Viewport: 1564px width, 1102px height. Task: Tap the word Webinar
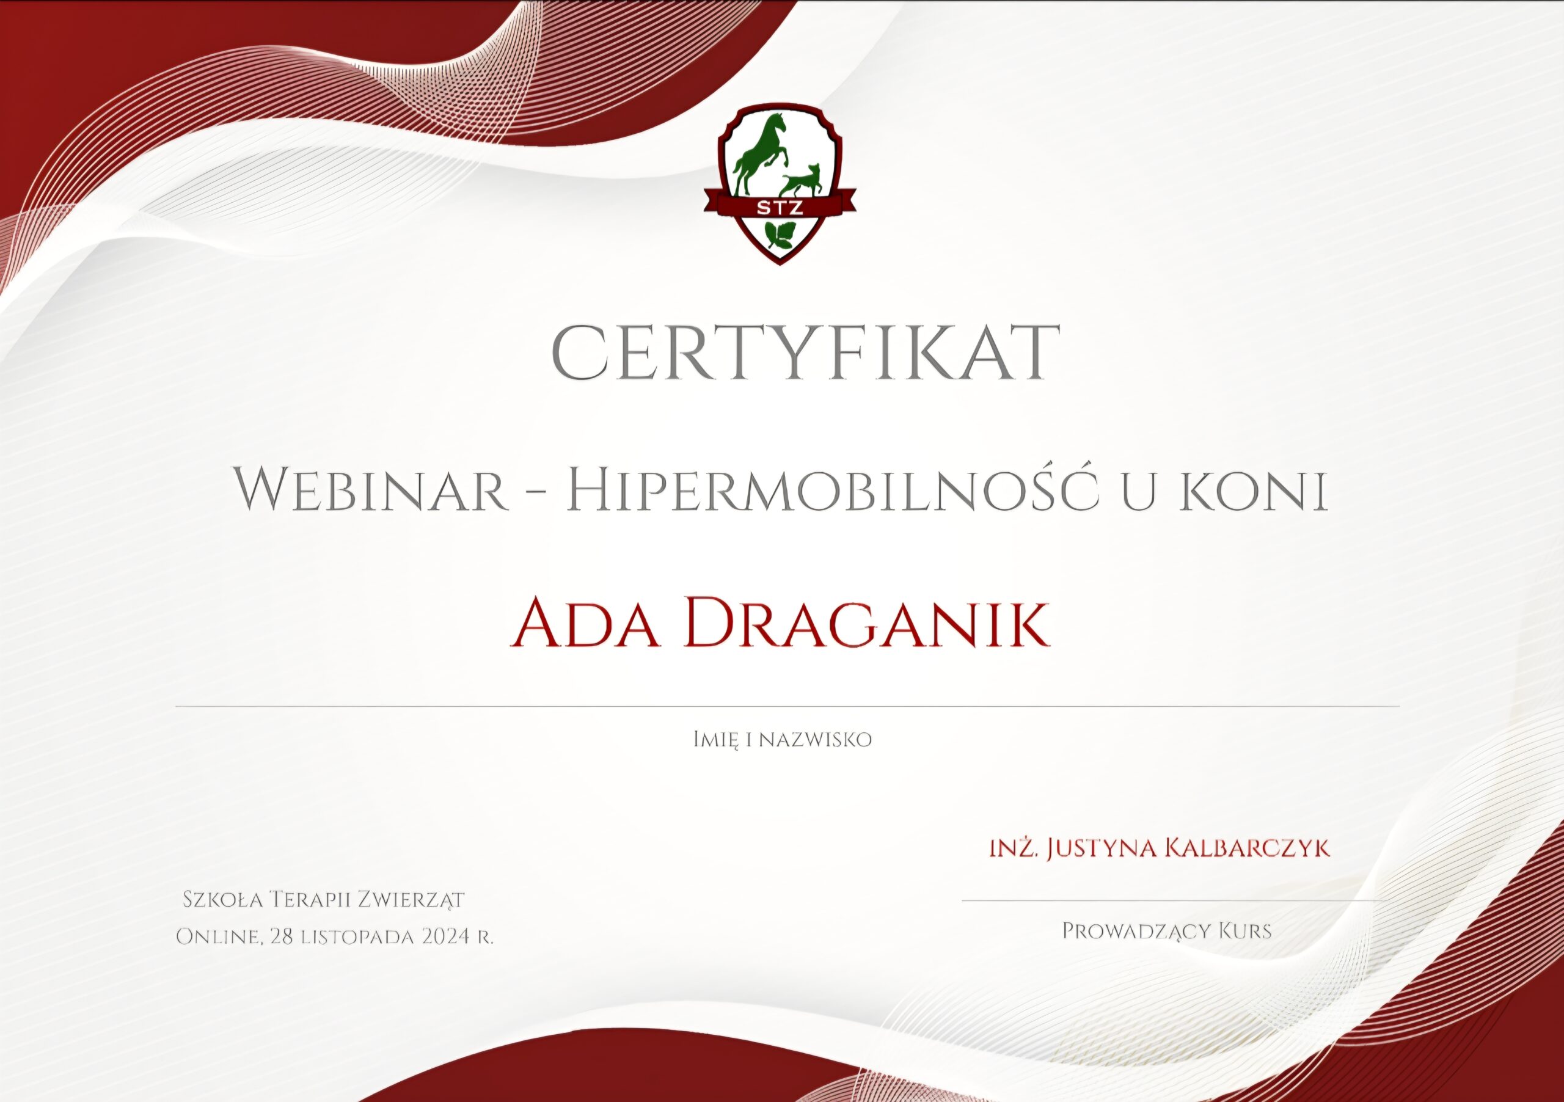point(372,491)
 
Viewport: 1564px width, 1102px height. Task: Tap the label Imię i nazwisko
point(782,740)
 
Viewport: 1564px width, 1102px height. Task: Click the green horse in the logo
point(760,153)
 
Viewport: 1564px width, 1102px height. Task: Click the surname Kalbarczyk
point(1248,848)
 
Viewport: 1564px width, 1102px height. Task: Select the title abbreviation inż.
point(1014,848)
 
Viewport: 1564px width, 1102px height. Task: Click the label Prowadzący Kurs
point(1167,931)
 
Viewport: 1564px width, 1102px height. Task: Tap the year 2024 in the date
point(445,937)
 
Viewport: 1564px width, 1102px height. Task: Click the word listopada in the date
point(358,938)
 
